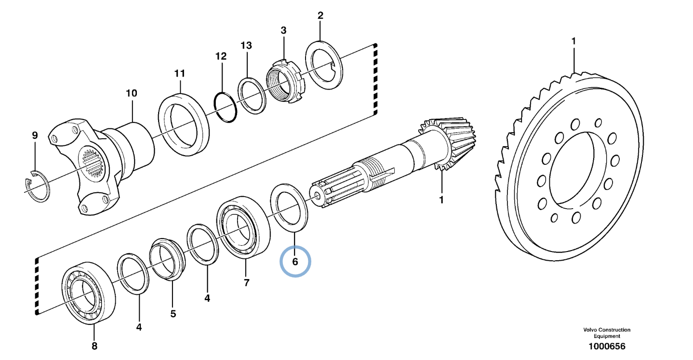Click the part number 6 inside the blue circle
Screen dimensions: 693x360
(295, 262)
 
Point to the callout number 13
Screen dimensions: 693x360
(246, 45)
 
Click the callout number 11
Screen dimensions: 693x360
(179, 73)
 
